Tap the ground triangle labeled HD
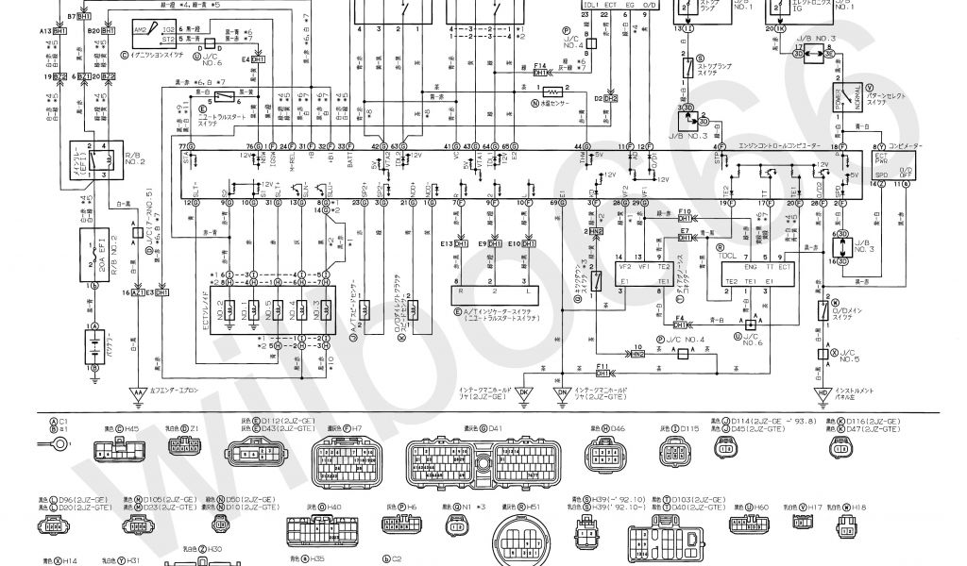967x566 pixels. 821,391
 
